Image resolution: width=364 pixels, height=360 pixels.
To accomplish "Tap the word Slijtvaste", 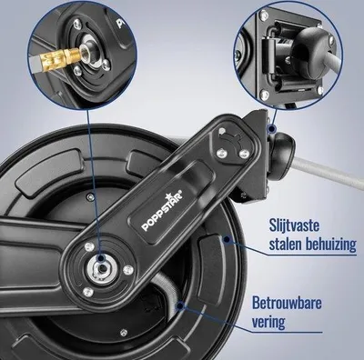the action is [293, 226].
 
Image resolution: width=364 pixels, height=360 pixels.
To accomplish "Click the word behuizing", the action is [330, 245].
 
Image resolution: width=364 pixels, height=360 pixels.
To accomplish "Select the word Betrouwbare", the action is [287, 304].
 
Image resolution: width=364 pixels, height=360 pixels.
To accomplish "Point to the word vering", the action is [268, 322].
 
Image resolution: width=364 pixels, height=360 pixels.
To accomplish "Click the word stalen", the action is [286, 245].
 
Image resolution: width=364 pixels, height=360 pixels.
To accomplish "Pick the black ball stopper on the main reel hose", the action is [282, 155].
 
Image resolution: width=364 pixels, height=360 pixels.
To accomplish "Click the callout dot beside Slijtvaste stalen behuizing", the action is [227, 240].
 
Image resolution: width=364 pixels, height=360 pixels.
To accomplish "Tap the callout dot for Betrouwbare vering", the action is [180, 305].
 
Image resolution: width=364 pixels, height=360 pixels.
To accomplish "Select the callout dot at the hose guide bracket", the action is [272, 130].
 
